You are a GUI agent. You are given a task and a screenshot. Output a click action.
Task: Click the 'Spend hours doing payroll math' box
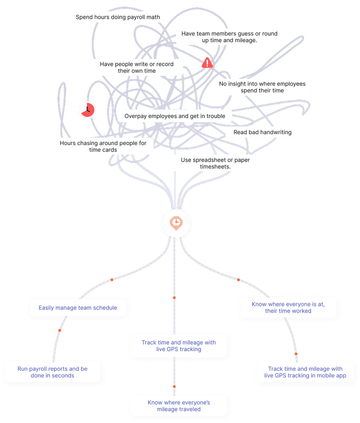(x=117, y=17)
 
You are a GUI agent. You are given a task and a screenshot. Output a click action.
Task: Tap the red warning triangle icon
(x=207, y=63)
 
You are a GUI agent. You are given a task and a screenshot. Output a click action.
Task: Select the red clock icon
(x=86, y=109)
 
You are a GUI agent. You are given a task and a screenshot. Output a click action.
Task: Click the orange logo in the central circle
(x=176, y=223)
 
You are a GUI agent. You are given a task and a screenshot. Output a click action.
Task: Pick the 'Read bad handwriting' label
(x=262, y=132)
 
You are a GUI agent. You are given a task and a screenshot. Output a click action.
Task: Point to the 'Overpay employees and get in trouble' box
(x=175, y=116)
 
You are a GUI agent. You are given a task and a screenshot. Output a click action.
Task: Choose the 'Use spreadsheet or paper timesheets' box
(x=215, y=163)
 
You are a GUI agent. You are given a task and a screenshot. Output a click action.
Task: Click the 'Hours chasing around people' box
(x=103, y=146)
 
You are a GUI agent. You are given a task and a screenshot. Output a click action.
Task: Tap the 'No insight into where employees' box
(x=262, y=87)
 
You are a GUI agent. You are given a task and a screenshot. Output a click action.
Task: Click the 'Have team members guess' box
(x=229, y=37)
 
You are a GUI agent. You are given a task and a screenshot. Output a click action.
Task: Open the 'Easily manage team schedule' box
(x=78, y=308)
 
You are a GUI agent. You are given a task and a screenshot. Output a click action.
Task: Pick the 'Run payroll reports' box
(x=53, y=372)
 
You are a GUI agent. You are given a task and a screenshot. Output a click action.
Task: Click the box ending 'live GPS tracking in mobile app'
(x=305, y=372)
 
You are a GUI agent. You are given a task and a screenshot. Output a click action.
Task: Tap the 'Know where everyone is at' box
(x=288, y=307)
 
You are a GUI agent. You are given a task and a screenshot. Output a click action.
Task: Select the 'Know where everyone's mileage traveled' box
(x=179, y=406)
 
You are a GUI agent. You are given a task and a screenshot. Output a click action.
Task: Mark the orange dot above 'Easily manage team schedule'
(x=112, y=280)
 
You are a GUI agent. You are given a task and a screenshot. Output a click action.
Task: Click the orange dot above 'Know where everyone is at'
(x=238, y=280)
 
